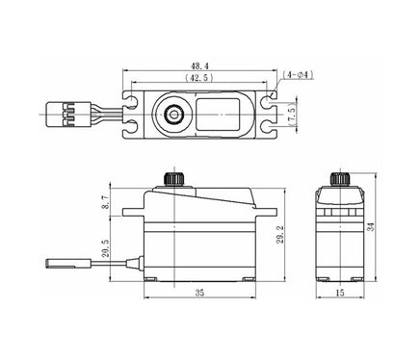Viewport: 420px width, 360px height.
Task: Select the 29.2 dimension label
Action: (x=278, y=235)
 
